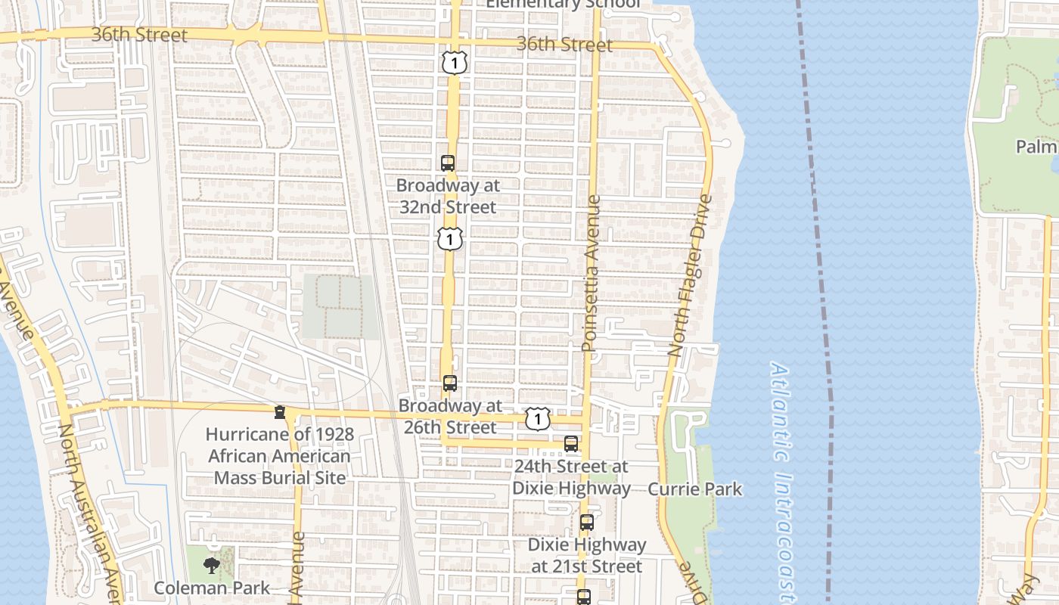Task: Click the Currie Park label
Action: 694,489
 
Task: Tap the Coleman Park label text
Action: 212,588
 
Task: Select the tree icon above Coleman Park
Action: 212,565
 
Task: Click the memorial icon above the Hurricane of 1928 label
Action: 280,412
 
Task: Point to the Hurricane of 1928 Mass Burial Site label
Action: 280,456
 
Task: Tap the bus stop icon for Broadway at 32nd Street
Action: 448,163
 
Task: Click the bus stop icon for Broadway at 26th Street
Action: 450,383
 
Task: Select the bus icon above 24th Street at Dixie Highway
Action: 571,444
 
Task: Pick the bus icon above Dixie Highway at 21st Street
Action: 587,522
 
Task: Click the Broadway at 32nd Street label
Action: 448,196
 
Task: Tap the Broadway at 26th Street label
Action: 450,417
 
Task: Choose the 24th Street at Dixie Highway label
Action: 571,477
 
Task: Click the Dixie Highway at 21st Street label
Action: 587,555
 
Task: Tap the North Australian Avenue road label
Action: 89,514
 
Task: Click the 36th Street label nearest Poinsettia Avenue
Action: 564,45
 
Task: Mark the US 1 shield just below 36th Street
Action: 455,63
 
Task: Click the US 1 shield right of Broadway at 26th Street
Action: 538,418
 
